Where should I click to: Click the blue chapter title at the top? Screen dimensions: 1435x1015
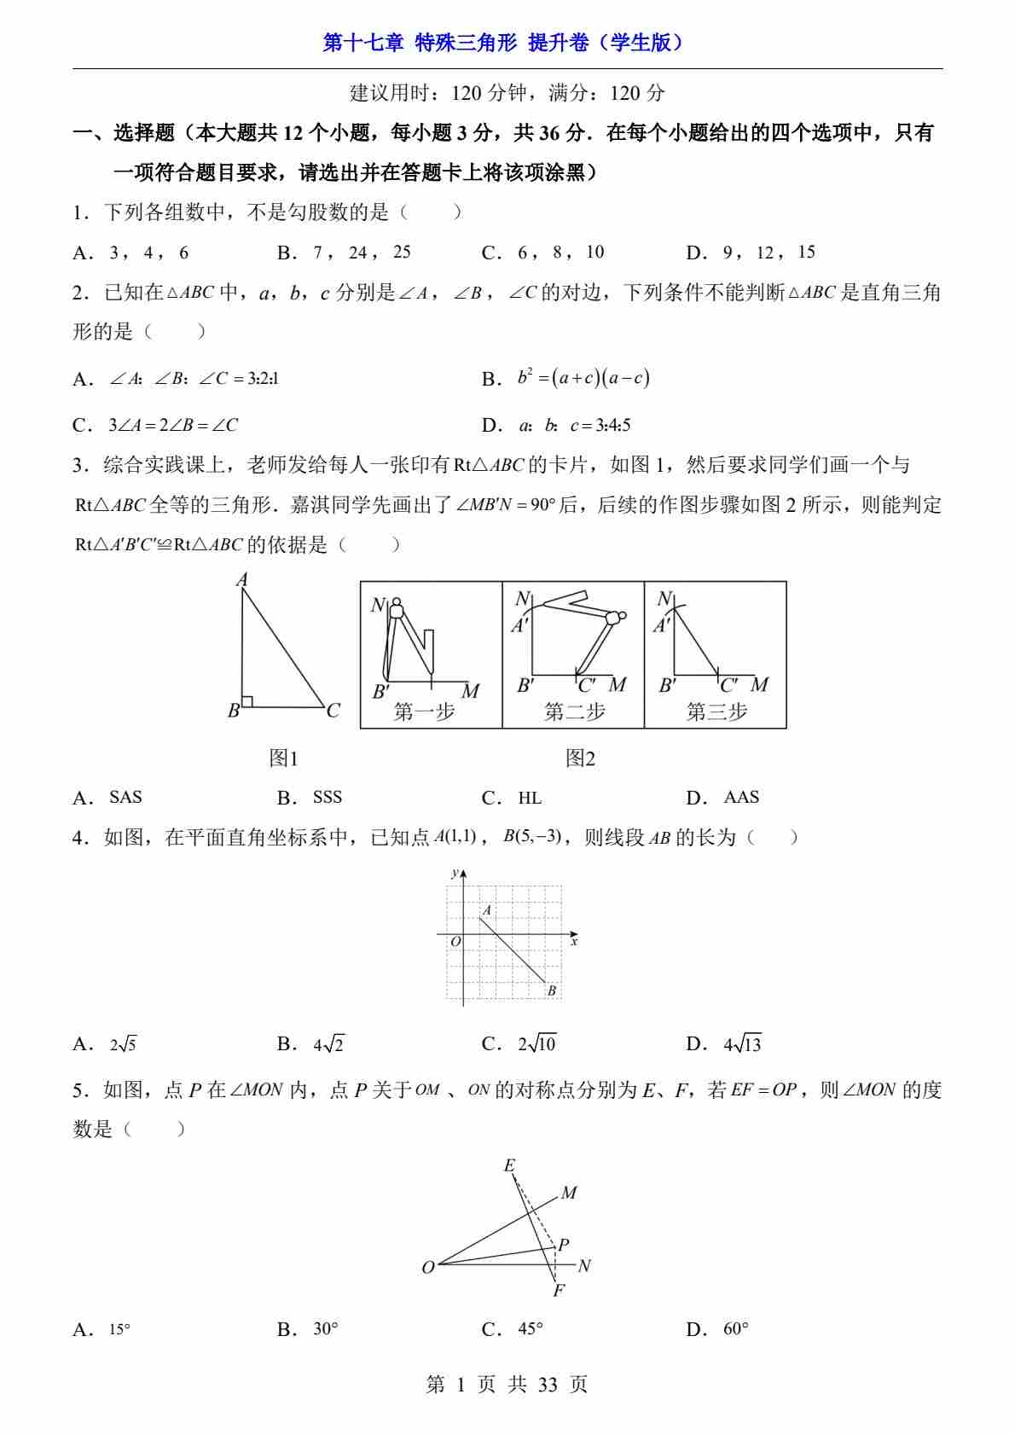pyautogui.click(x=506, y=43)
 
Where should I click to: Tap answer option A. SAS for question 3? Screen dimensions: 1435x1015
pyautogui.click(x=108, y=798)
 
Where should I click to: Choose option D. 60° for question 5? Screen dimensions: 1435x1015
pyautogui.click(x=717, y=1328)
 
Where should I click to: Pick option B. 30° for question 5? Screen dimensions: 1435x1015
pyautogui.click(x=308, y=1328)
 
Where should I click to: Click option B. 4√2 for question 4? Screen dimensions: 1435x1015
pyautogui.click(x=311, y=1043)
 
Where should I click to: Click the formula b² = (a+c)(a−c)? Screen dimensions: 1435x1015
pyautogui.click(x=583, y=378)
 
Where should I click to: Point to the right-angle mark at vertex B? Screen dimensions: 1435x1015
pyautogui.click(x=247, y=701)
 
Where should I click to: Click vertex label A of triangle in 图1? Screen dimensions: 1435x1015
pyautogui.click(x=242, y=580)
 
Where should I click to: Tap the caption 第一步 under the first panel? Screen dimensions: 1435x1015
pyautogui.click(x=424, y=712)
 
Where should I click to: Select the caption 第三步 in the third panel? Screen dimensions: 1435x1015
pyautogui.click(x=716, y=712)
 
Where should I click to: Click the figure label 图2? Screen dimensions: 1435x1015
pyautogui.click(x=580, y=758)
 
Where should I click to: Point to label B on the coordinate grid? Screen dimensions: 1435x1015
pyautogui.click(x=552, y=991)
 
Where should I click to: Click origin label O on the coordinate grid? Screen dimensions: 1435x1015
pyautogui.click(x=455, y=942)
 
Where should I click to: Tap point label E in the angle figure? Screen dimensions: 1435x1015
pyautogui.click(x=509, y=1165)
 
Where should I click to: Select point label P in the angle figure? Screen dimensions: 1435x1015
pyautogui.click(x=564, y=1245)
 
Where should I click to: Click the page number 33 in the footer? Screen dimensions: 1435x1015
pyautogui.click(x=548, y=1385)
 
